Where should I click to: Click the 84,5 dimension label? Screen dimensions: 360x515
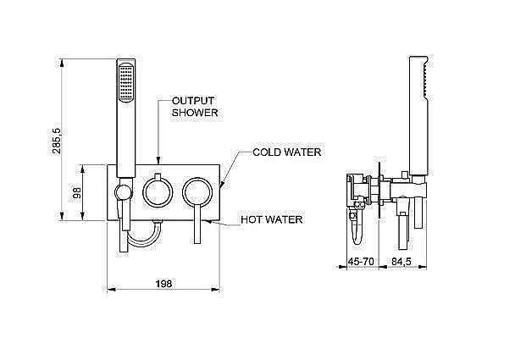pos(401,262)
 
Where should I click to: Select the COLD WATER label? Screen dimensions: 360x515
pos(287,152)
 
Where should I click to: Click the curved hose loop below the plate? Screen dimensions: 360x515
pos(143,235)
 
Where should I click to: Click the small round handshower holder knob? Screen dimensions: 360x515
pos(124,191)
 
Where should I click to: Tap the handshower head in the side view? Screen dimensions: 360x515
pos(416,93)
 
